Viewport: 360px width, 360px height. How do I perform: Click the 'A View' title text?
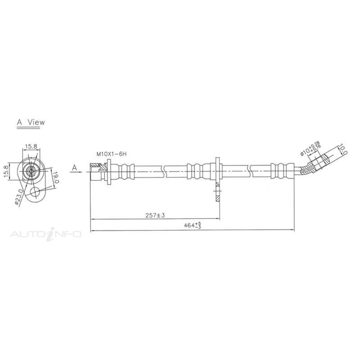click(31, 122)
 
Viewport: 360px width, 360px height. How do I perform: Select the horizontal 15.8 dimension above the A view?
click(31, 146)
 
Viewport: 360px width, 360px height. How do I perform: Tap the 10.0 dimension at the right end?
click(343, 149)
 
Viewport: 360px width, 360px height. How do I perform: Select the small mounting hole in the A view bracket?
click(36, 192)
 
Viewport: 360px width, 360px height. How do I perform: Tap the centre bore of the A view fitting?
click(31, 171)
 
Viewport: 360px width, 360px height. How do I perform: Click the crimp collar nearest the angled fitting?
click(281, 171)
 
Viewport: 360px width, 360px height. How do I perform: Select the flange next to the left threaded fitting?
click(108, 172)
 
